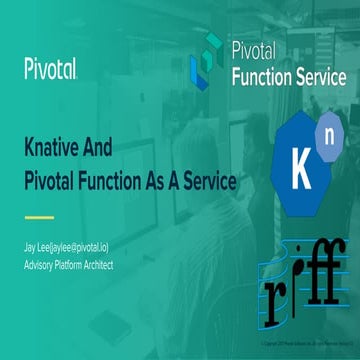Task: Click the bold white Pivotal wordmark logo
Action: (x=51, y=68)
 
